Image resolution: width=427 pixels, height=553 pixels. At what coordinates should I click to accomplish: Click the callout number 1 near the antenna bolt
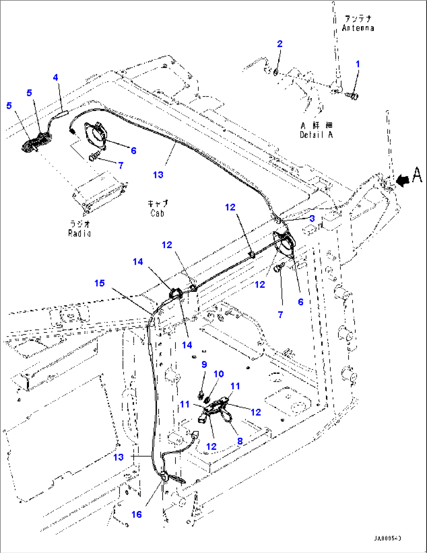coord(357,64)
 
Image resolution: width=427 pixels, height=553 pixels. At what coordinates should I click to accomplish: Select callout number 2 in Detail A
coord(279,44)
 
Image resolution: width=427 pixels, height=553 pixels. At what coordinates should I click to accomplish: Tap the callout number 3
coord(312,218)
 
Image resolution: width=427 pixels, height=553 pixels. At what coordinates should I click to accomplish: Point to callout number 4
coord(56,77)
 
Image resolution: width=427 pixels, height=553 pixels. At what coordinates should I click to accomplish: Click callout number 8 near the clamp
coord(240,441)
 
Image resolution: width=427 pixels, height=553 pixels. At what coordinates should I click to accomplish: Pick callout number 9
coord(204,364)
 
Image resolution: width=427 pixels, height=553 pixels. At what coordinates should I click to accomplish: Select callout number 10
coord(219,374)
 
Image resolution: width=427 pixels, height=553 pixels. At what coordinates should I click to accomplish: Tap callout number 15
coord(100,283)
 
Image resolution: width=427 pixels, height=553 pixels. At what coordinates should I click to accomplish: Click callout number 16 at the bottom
coord(136,514)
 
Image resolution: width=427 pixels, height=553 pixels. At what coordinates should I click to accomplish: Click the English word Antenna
coord(358,28)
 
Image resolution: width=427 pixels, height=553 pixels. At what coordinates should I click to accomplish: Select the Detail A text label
coord(316,135)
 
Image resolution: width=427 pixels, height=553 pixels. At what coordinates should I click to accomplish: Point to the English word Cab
coord(157,214)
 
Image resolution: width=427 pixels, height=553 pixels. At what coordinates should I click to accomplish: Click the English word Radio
coord(80,233)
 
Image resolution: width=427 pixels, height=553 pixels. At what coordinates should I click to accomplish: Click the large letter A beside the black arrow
coord(417,174)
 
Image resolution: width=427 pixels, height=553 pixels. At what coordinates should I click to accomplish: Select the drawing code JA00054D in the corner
coord(387,539)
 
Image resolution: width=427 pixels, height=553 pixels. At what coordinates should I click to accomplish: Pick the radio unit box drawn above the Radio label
coord(100,192)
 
